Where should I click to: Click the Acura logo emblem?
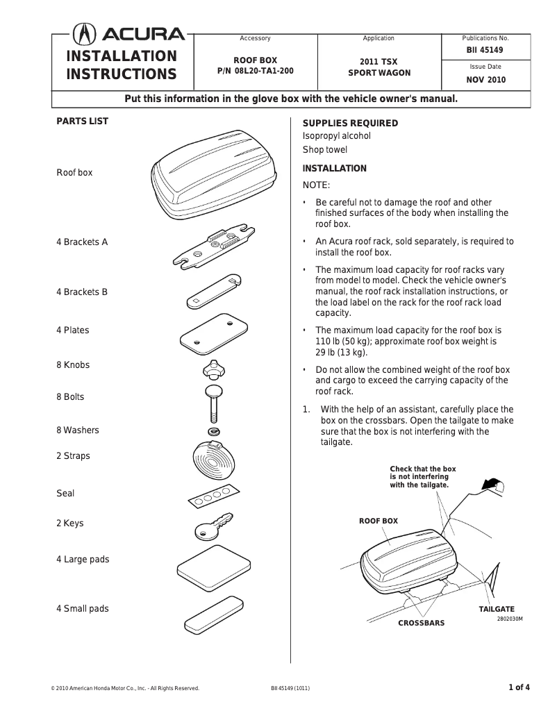coord(84,35)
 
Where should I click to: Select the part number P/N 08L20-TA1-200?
coord(255,72)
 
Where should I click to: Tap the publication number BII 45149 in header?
coord(485,50)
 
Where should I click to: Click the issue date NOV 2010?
coord(485,80)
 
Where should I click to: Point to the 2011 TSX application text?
coord(379,61)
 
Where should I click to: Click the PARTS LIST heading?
coord(82,121)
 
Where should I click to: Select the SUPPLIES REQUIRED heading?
coord(350,123)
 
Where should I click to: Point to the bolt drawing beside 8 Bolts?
coord(213,402)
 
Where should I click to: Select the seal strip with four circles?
coord(213,496)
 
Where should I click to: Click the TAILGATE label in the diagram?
coord(497,609)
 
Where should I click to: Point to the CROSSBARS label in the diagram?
coord(421,623)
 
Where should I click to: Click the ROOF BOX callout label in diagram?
coord(379,520)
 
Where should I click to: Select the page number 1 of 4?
coord(519,688)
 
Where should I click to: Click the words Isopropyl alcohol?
coord(337,136)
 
